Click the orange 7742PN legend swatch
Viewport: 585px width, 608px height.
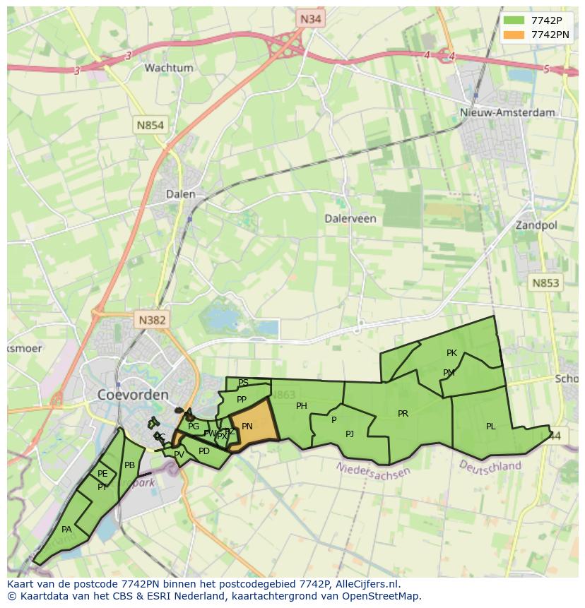[514, 35]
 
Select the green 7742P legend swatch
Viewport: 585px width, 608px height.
[514, 20]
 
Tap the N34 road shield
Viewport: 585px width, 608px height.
[310, 19]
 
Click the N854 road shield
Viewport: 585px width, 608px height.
[150, 125]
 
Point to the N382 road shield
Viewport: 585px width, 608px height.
[152, 320]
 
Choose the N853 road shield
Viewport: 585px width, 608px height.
[545, 282]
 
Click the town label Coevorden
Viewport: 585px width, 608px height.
[133, 395]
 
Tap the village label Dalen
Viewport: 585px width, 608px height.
[180, 194]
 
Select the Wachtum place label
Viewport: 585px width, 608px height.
[169, 68]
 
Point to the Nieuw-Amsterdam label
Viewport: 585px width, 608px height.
[507, 112]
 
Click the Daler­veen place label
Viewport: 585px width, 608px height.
[350, 218]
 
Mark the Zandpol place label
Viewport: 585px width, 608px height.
[536, 225]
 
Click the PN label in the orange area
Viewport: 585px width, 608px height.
[247, 427]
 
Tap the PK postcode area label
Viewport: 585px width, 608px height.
[451, 353]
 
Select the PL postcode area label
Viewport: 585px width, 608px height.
[490, 427]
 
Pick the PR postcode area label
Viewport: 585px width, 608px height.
[403, 414]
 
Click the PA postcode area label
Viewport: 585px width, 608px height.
[66, 530]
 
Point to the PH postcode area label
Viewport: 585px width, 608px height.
[302, 406]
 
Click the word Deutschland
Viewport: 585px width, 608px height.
[490, 466]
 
